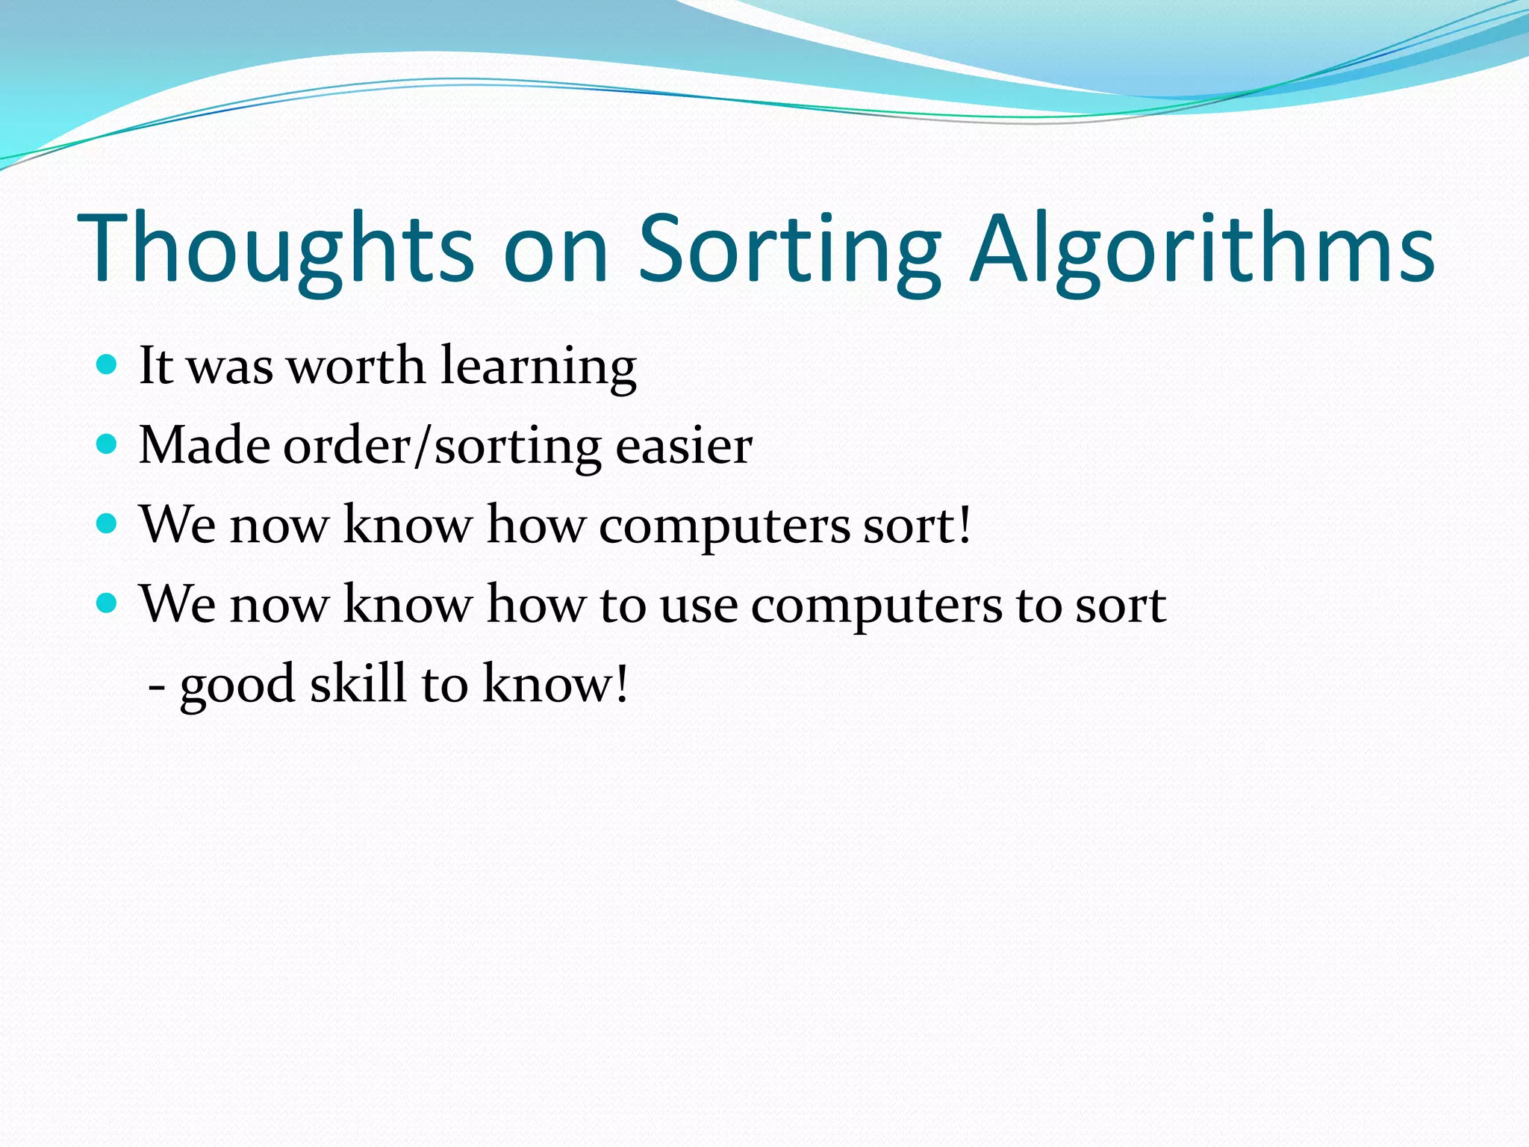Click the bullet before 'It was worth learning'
[x=108, y=365]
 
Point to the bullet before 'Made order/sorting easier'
[x=108, y=445]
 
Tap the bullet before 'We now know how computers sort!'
[x=108, y=524]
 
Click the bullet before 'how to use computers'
[x=108, y=603]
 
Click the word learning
[x=538, y=367]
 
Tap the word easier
[x=683, y=447]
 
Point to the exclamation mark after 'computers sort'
[x=965, y=524]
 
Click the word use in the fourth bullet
[x=699, y=606]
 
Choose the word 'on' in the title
[x=556, y=250]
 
